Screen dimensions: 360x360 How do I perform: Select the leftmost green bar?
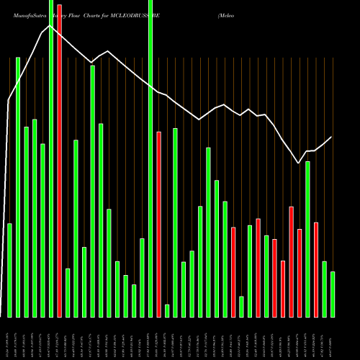coord(9,270)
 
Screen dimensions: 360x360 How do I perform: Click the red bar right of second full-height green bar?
coord(158,224)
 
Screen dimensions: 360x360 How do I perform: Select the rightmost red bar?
coord(316,269)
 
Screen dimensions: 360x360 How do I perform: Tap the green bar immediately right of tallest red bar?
coord(67,292)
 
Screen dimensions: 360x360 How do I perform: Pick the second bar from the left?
coord(18,187)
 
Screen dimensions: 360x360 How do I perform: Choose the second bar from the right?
coord(324,289)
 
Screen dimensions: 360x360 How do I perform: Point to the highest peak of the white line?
coord(49,26)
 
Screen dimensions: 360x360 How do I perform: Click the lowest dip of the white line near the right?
coord(299,163)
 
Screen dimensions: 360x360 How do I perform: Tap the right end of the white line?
coord(332,137)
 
